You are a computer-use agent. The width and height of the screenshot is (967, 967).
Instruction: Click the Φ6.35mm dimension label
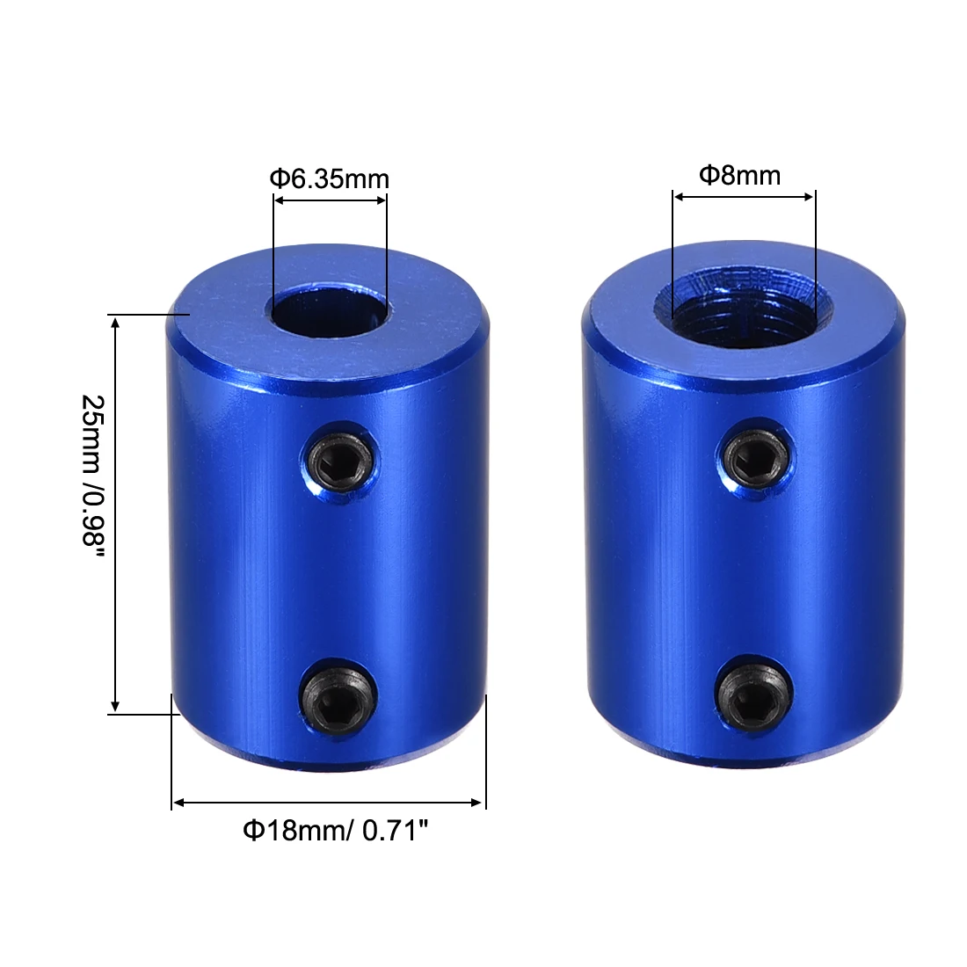coord(329,179)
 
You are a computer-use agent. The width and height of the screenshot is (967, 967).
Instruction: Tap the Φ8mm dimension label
coord(739,175)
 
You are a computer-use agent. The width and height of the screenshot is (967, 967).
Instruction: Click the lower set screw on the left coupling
coord(338,698)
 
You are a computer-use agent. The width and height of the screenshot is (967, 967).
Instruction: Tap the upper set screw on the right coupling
coord(756,456)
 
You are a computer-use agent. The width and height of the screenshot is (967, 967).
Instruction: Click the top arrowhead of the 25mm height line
coord(115,322)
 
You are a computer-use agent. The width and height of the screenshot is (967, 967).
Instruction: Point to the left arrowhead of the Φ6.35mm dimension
coord(279,200)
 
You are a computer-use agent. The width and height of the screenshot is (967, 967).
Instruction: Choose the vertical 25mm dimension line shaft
coord(115,514)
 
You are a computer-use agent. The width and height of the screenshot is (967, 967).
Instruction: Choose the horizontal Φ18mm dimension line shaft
coord(329,802)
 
